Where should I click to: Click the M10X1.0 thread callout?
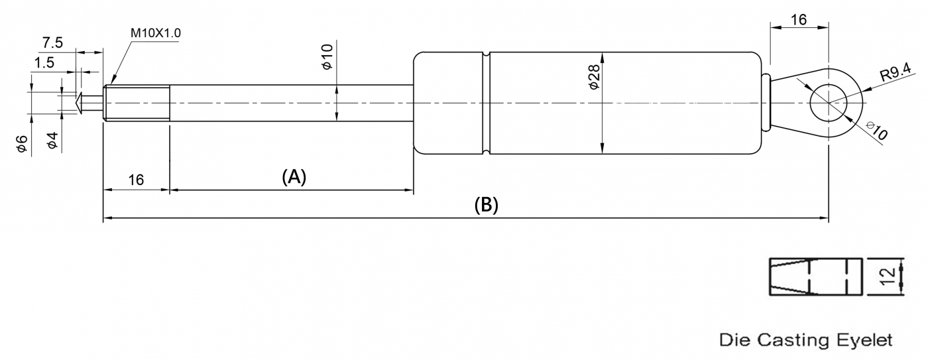click(x=156, y=33)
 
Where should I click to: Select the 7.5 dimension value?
click(x=52, y=43)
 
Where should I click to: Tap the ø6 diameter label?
click(x=23, y=145)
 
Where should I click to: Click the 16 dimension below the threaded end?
click(x=136, y=180)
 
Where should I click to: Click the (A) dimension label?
click(x=294, y=177)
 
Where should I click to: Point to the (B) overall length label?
click(x=486, y=205)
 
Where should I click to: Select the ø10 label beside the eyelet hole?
click(x=876, y=130)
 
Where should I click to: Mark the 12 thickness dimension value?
click(x=891, y=275)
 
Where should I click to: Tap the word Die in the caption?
click(x=733, y=341)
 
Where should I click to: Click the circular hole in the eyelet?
click(x=828, y=103)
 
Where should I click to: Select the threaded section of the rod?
click(x=137, y=103)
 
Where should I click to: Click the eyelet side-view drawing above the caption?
click(x=815, y=275)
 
